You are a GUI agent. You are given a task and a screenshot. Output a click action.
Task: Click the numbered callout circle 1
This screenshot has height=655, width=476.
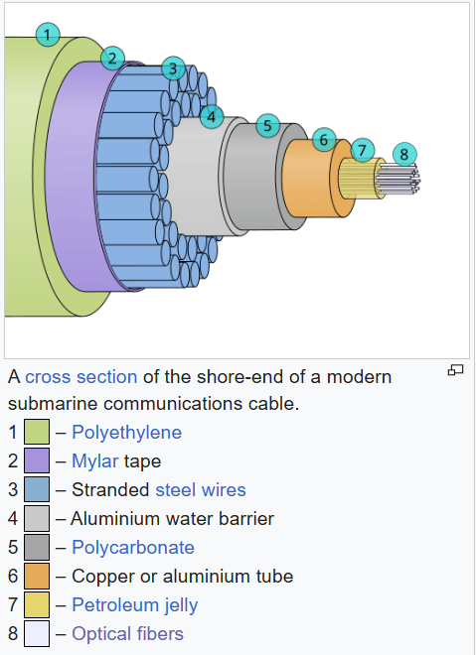(48, 35)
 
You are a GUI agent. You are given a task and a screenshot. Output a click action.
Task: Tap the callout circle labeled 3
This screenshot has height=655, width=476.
(173, 68)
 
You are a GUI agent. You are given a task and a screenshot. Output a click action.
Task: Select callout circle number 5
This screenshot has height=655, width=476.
(267, 125)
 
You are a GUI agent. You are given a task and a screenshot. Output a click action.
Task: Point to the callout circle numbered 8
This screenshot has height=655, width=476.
(404, 154)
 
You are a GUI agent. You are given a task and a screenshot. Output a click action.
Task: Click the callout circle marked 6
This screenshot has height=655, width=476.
(324, 140)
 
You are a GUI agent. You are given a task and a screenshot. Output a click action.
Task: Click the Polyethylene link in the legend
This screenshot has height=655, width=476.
(127, 433)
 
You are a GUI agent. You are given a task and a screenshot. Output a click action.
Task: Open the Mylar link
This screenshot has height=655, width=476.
(95, 461)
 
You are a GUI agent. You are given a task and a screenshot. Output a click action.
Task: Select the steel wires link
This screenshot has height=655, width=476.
(201, 489)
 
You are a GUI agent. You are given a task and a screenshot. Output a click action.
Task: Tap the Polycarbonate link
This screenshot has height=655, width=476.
(133, 547)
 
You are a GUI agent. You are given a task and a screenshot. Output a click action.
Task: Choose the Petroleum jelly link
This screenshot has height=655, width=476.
(135, 605)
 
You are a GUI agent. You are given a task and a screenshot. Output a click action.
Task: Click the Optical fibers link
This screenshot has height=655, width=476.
(127, 634)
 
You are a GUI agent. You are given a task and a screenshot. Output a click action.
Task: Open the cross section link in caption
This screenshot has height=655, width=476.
(81, 377)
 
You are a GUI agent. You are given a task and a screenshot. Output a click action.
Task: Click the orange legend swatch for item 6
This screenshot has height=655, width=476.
(37, 576)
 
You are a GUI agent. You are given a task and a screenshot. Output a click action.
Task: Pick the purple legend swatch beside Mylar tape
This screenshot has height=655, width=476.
(37, 460)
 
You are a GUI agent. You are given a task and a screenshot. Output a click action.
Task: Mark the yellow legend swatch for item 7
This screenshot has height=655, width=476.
(37, 604)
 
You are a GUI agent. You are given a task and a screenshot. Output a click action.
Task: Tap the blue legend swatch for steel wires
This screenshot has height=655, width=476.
(37, 489)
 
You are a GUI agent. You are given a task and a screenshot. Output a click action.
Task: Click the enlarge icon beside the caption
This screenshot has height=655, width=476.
(455, 370)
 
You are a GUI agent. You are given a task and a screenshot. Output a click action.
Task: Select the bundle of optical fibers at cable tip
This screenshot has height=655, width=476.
(398, 180)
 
